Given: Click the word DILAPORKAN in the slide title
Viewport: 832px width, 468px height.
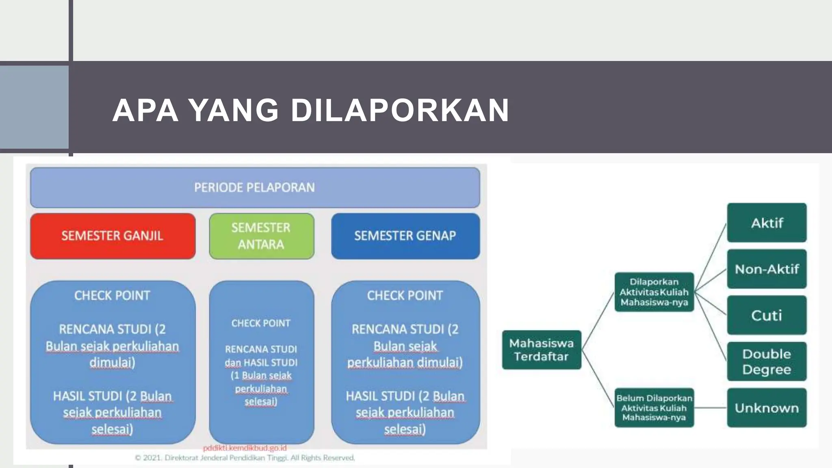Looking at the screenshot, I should [x=400, y=110].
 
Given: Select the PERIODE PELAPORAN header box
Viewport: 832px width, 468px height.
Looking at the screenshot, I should [x=255, y=187].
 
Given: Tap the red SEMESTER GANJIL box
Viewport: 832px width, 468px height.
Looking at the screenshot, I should [x=113, y=236].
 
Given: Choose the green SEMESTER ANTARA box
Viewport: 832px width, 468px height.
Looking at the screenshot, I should [x=261, y=236].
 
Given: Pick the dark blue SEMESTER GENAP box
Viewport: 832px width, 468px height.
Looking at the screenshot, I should [x=405, y=236].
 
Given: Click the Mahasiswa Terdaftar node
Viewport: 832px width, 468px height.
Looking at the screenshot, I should [x=542, y=350].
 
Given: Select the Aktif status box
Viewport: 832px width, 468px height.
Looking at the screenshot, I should [x=767, y=223].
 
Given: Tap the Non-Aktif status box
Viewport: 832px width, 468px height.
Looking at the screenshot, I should [x=767, y=269].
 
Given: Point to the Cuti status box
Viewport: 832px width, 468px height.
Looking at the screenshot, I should [x=767, y=315].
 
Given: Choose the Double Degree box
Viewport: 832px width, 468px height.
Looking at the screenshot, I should [x=767, y=362].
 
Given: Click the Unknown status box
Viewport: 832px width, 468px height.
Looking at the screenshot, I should [x=767, y=408].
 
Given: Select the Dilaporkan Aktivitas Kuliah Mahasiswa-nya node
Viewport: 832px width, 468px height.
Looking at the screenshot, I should [x=654, y=292].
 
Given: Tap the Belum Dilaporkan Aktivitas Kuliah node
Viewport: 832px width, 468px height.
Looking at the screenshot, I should [x=654, y=407].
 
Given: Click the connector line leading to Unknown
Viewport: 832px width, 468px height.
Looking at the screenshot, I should [x=711, y=408].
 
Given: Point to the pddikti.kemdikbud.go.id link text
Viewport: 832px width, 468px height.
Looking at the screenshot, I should [x=245, y=448].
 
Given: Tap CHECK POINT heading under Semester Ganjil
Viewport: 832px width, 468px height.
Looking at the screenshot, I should [x=113, y=295].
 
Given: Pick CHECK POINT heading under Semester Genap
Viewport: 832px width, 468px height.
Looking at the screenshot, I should [x=405, y=295].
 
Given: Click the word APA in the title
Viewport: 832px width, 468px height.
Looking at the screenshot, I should [x=145, y=110].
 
